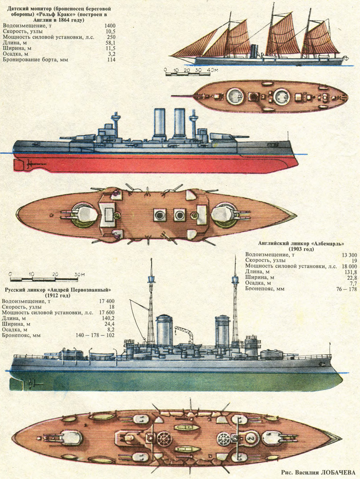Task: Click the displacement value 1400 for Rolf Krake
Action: pos(110,25)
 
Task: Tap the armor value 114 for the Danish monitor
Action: pos(111,60)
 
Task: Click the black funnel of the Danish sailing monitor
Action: pos(254,51)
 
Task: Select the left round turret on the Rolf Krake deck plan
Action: pos(235,96)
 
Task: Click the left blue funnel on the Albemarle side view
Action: pos(159,123)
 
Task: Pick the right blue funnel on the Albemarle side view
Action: pos(179,123)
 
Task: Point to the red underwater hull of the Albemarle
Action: pos(154,163)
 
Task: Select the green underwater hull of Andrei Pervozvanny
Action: pos(175,381)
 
